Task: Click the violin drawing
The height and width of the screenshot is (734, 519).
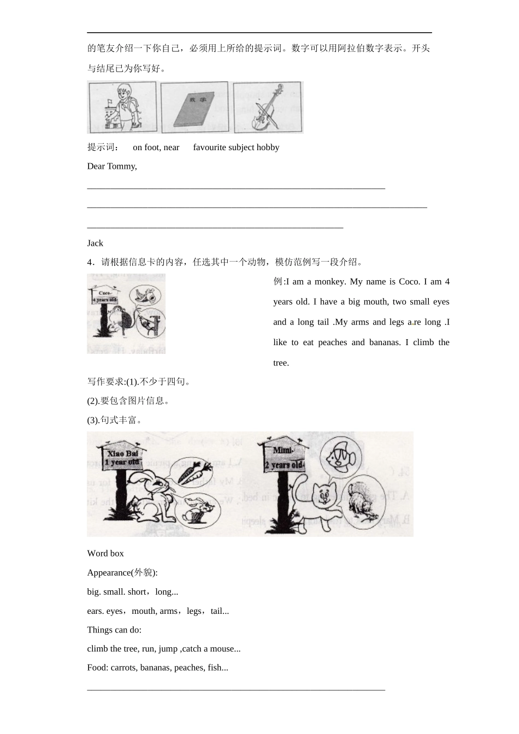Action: (x=267, y=108)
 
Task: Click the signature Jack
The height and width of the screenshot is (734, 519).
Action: (x=95, y=243)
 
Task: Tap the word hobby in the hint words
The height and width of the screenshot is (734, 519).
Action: (x=267, y=147)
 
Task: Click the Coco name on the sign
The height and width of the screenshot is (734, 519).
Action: (x=104, y=293)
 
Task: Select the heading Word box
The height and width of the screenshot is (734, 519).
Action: (x=105, y=553)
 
